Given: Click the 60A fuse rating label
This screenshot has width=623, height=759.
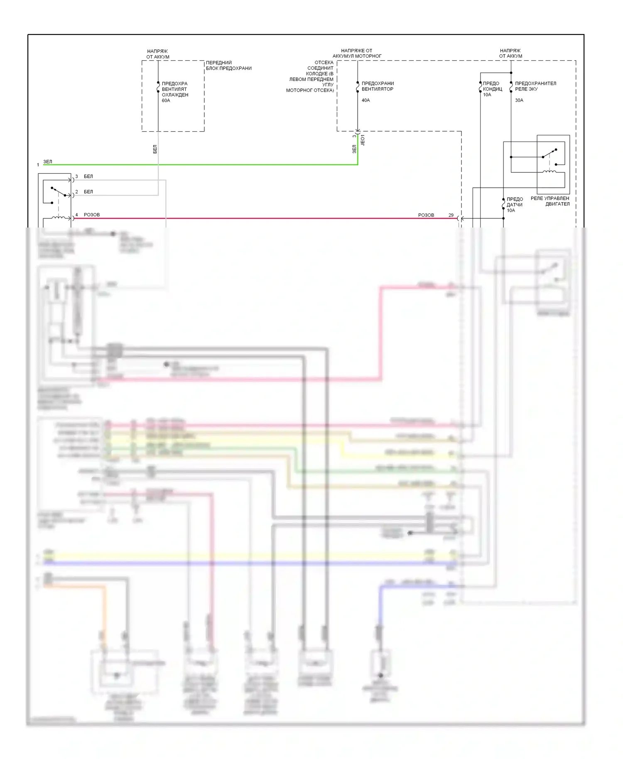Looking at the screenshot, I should click(x=166, y=100).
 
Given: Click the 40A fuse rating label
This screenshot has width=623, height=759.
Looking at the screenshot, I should click(x=365, y=100).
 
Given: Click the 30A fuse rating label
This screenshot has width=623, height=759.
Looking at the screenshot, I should click(x=519, y=100).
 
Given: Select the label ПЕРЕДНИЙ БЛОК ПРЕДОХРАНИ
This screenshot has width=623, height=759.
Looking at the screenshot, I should click(x=228, y=66).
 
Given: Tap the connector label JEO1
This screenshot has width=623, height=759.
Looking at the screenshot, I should click(x=363, y=140).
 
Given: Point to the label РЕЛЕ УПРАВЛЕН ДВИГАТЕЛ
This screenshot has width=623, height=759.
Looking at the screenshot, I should click(x=550, y=201).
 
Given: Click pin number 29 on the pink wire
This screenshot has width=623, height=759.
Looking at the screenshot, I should click(x=451, y=215).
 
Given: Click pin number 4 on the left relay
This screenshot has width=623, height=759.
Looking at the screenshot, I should click(x=76, y=215).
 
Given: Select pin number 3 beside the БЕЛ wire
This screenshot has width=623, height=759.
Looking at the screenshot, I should click(x=76, y=176).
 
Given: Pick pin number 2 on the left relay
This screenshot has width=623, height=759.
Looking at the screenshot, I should click(x=76, y=192).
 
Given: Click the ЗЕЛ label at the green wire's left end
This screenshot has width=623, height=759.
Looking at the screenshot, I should click(x=48, y=162).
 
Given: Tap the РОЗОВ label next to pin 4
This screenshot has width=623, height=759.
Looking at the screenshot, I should click(x=92, y=215).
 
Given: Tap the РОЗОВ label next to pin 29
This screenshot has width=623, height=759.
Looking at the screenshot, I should click(x=426, y=215).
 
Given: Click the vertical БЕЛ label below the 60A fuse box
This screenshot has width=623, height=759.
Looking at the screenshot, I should click(x=155, y=149).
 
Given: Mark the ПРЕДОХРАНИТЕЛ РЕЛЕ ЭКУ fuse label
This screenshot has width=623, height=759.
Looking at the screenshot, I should click(x=535, y=86).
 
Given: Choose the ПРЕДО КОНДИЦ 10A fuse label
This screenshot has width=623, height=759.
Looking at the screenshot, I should click(x=492, y=89).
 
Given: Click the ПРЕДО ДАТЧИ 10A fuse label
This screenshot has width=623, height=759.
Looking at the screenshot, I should click(x=514, y=205).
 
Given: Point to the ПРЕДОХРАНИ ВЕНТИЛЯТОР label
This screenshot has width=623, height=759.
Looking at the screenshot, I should click(x=378, y=86).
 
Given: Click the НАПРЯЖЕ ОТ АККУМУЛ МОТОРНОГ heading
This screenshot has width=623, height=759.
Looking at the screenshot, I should click(x=357, y=53).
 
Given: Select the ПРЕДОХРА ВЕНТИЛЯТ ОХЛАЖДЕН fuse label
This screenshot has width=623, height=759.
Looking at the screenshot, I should click(x=175, y=89).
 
